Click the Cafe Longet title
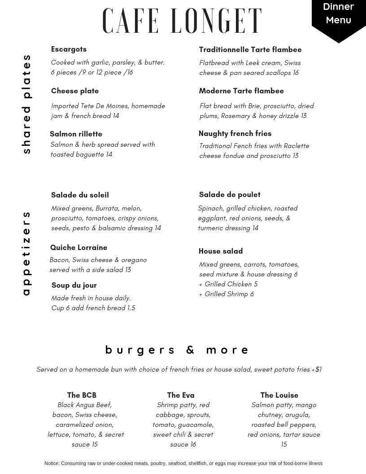click(182, 21)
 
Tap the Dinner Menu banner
click(339, 13)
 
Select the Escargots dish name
click(69, 49)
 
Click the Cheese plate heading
click(75, 91)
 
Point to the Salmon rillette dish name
click(76, 134)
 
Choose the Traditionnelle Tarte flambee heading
click(250, 50)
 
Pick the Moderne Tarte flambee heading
click(241, 91)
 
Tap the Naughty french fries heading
click(235, 134)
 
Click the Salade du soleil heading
click(80, 195)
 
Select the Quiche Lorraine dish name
click(78, 248)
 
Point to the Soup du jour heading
click(74, 285)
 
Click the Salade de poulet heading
click(230, 195)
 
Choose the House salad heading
click(221, 251)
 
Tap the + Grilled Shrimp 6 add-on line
click(227, 294)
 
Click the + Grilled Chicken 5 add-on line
click(228, 285)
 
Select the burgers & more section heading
click(177, 350)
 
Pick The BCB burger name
click(82, 395)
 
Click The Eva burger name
click(181, 395)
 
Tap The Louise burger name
click(279, 395)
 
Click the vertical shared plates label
click(26, 104)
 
